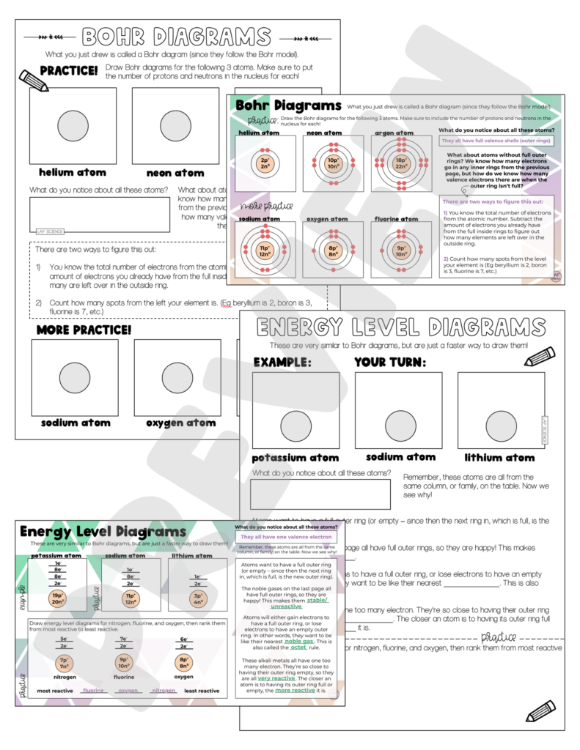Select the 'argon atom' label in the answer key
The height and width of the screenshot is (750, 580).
(393, 133)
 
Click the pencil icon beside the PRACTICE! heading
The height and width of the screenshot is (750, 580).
(32, 80)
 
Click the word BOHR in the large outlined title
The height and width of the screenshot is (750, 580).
(119, 37)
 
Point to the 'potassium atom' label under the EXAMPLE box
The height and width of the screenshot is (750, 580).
(295, 458)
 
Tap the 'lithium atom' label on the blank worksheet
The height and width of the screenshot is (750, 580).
(499, 458)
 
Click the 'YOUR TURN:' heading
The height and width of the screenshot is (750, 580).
(389, 362)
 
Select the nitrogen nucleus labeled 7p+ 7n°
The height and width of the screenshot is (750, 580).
(65, 664)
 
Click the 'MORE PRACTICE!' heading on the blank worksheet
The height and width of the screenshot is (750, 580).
(84, 330)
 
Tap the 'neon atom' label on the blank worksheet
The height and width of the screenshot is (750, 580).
(175, 173)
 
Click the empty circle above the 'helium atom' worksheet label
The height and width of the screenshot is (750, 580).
(73, 126)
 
